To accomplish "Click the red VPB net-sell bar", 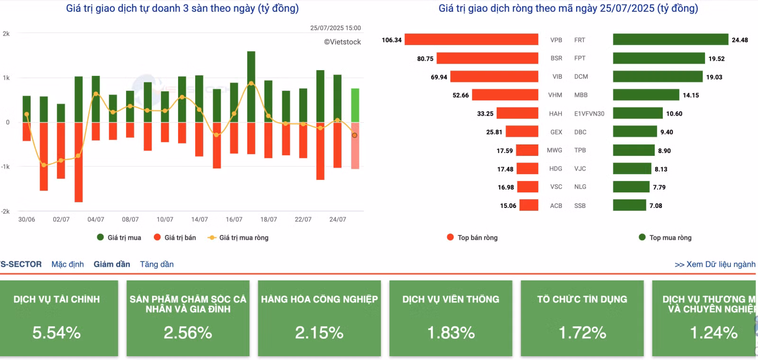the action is tap(471, 39).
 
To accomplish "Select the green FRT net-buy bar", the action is tap(670, 39).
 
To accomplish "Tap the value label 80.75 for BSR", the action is tap(425, 59).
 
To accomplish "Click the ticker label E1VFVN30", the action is tap(589, 114).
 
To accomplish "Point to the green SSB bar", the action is tap(630, 205).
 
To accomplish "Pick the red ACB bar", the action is tap(529, 205).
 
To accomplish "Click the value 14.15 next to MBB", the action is tap(691, 95).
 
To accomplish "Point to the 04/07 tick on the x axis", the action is tap(96, 219).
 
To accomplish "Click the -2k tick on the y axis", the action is tap(5, 211).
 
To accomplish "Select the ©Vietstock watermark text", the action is tap(343, 42).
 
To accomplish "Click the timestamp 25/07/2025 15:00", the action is tap(335, 28).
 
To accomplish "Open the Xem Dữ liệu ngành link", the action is tap(715, 264).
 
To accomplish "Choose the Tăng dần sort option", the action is tap(157, 264).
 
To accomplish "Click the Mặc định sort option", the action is tap(68, 264).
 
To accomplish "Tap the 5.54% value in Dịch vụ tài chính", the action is tap(56, 333).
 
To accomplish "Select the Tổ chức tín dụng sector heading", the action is tap(582, 299).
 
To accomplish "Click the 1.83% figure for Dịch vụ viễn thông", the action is tap(451, 333).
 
